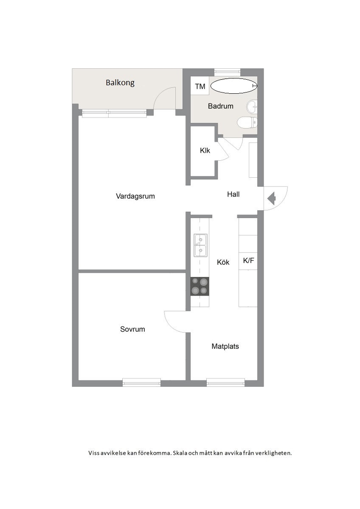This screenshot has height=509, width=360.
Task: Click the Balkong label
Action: coord(120,83)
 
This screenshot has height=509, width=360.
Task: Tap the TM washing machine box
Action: coord(200,86)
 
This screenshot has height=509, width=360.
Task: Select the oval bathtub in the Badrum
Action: coord(234,86)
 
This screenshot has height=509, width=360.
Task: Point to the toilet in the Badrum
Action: coord(247,123)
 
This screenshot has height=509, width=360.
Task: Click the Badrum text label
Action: coord(221,106)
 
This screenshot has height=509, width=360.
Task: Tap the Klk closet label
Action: coord(205,151)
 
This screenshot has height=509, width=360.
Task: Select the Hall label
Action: coord(233,194)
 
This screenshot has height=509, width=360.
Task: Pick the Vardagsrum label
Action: coord(135,196)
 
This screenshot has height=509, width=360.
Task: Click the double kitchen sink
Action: coord(200,246)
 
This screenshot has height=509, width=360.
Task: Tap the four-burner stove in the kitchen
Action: coord(200,286)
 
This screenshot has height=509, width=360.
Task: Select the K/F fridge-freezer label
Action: coord(248,260)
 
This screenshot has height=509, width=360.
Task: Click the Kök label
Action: coord(223,262)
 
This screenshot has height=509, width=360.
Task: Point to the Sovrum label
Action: coord(132,329)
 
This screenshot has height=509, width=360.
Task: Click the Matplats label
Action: coord(225,346)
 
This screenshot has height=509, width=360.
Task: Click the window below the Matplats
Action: coord(225,383)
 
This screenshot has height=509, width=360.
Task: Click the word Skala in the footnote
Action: coord(180,453)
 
